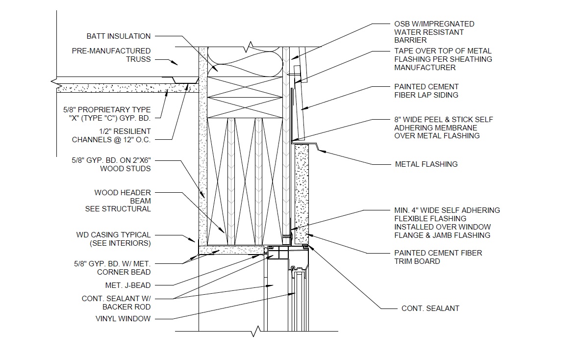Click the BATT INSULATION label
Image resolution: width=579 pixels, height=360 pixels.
click(119, 36)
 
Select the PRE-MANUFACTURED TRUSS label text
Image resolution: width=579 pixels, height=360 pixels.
click(111, 55)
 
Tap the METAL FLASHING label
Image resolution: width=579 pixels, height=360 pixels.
click(426, 164)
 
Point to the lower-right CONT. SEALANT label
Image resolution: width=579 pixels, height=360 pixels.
click(430, 309)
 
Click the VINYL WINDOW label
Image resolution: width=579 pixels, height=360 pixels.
click(123, 319)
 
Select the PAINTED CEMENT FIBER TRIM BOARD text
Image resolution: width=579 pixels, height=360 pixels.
click(438, 257)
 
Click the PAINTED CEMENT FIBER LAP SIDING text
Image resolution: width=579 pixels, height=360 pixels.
click(427, 91)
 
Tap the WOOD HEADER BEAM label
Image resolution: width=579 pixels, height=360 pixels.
click(122, 201)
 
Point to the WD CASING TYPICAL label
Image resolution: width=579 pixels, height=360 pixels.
click(113, 239)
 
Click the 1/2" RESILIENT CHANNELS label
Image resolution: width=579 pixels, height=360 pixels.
click(111, 135)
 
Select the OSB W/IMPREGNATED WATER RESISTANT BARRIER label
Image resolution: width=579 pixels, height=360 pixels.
click(434, 32)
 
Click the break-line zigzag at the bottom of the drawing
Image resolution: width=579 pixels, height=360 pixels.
click(254, 332)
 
